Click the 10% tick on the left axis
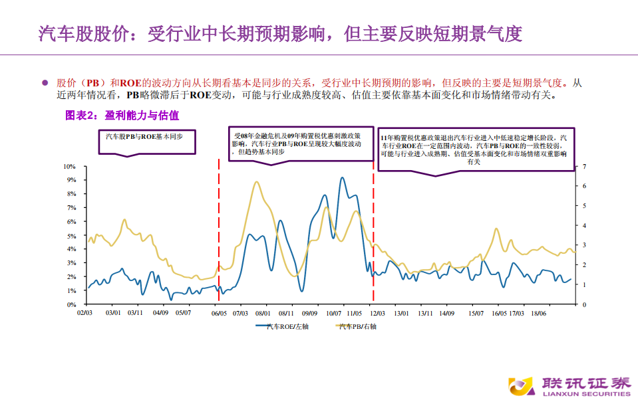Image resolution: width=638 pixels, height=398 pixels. [x=71, y=166]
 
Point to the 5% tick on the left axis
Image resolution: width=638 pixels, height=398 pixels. [x=72, y=235]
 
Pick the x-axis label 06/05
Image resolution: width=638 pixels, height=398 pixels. [x=218, y=312]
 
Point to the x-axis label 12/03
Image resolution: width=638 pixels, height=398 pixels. [x=377, y=312]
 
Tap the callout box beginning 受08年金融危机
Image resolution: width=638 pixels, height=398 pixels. [x=301, y=142]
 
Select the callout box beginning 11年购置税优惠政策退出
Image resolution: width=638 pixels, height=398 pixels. [x=474, y=149]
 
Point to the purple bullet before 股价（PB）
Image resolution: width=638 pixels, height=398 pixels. [x=45, y=83]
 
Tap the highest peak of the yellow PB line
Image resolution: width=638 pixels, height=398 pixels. [x=257, y=182]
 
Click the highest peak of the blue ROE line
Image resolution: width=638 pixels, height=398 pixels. [x=342, y=178]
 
